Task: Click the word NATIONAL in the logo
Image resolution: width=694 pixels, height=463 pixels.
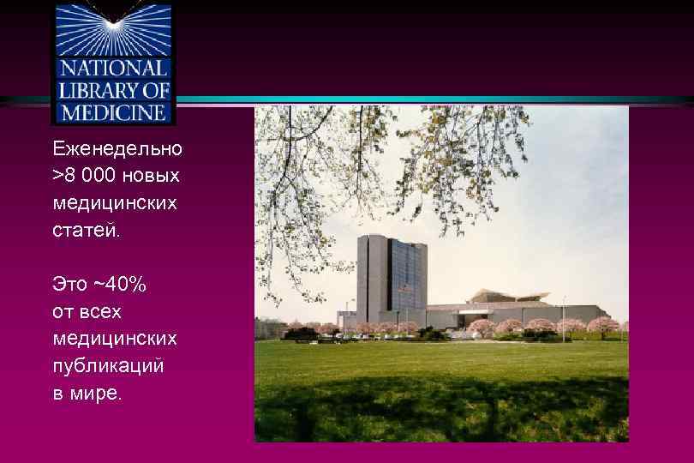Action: [113, 69]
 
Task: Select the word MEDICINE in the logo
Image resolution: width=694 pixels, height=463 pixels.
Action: [113, 111]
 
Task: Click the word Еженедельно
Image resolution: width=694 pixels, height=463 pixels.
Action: [117, 148]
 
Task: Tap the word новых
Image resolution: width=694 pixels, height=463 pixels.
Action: [152, 176]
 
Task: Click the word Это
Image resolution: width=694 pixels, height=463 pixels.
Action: [70, 284]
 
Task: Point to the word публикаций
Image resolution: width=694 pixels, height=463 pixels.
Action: [108, 366]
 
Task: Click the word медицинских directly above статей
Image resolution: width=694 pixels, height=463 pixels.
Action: [115, 203]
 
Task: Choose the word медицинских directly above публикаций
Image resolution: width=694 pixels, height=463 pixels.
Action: [115, 339]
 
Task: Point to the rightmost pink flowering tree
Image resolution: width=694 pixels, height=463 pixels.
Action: [602, 325]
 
